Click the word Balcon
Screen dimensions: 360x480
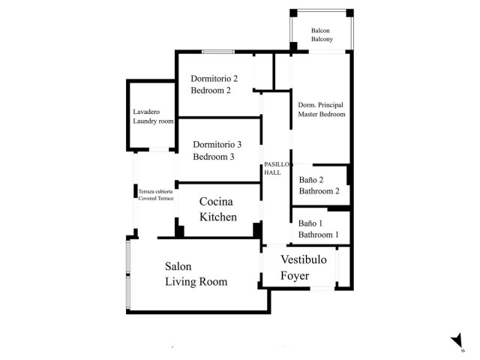[322, 31]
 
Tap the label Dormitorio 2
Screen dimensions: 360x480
[214, 78]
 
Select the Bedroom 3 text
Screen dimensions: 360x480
[214, 157]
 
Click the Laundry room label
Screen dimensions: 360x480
[153, 121]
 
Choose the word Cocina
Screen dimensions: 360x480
[216, 202]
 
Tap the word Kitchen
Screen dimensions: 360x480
[218, 217]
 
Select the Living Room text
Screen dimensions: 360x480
[196, 282]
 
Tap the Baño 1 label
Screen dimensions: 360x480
[310, 223]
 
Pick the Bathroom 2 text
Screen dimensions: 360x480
[319, 191]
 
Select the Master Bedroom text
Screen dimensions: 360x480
[322, 115]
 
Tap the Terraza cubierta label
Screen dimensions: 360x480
[155, 192]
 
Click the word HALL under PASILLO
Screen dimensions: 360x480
[272, 172]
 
